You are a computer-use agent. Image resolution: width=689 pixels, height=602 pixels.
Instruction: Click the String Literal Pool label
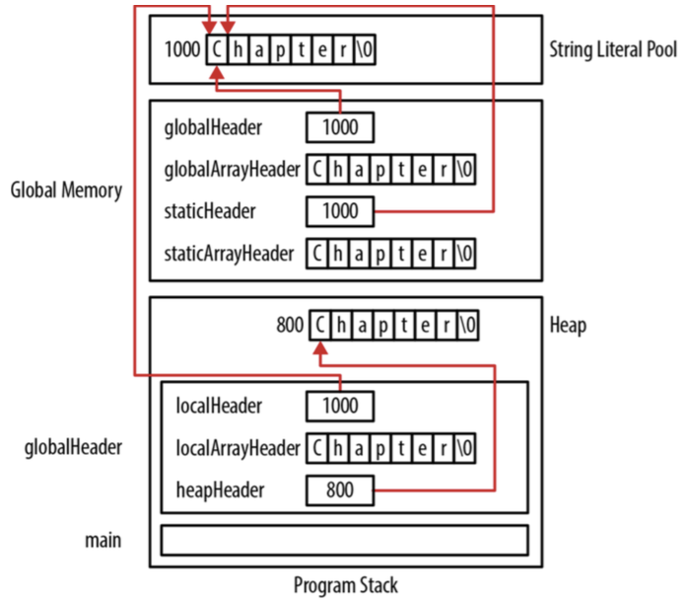(613, 48)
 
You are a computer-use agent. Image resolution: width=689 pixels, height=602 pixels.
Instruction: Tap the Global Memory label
(66, 189)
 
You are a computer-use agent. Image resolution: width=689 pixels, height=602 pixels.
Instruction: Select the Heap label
(567, 325)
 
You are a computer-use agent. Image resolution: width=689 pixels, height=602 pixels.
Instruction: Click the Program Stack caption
(346, 585)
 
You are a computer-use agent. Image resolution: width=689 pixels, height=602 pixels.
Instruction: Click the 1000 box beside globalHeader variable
(340, 127)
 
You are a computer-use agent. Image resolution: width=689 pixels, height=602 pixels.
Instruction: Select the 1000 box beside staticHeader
(340, 211)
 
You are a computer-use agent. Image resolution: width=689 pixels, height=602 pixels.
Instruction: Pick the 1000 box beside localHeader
(340, 406)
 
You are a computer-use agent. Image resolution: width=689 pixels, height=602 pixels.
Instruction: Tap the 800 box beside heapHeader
(340, 489)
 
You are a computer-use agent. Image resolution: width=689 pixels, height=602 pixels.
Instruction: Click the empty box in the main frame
(344, 540)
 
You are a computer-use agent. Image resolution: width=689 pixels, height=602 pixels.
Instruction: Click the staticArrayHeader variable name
(230, 253)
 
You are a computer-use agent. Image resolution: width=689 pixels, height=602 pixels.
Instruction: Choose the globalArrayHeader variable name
(233, 169)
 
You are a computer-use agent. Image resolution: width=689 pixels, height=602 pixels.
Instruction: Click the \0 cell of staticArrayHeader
(465, 253)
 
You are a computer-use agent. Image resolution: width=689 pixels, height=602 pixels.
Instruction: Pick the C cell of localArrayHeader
(316, 447)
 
